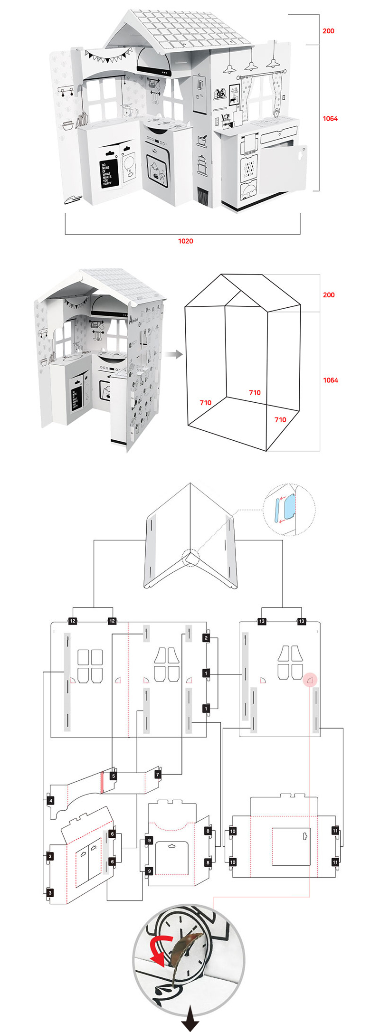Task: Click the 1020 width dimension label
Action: point(185,241)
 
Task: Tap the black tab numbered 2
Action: point(206,638)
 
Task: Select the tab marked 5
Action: point(113,776)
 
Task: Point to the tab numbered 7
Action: point(158,775)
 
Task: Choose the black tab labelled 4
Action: point(51,800)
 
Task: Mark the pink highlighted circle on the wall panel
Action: point(310,680)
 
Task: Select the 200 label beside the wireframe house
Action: point(329,295)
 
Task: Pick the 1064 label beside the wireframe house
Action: point(331,380)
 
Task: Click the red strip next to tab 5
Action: point(102,782)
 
